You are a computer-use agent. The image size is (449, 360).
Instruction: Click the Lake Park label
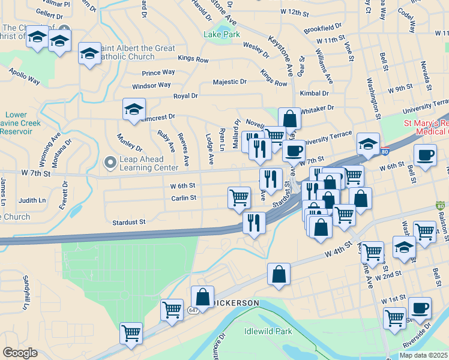pyautogui.click(x=221, y=35)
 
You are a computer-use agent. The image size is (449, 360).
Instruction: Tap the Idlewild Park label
pyautogui.click(x=268, y=331)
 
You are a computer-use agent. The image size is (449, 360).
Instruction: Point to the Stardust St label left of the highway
pyautogui.click(x=129, y=222)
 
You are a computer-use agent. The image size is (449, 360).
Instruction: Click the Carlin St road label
pyautogui.click(x=184, y=197)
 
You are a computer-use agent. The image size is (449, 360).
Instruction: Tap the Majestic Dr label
pyautogui.click(x=230, y=82)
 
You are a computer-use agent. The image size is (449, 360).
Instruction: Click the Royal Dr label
pyautogui.click(x=185, y=96)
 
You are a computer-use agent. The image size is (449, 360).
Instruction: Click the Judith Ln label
pyautogui.click(x=32, y=200)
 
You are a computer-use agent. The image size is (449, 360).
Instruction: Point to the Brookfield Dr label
pyautogui.click(x=322, y=28)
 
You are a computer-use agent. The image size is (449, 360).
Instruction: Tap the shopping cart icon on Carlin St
pyautogui.click(x=239, y=197)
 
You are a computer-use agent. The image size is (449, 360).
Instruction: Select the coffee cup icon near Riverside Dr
pyautogui.click(x=420, y=308)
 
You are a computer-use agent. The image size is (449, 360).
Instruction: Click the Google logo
pyautogui.click(x=20, y=353)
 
